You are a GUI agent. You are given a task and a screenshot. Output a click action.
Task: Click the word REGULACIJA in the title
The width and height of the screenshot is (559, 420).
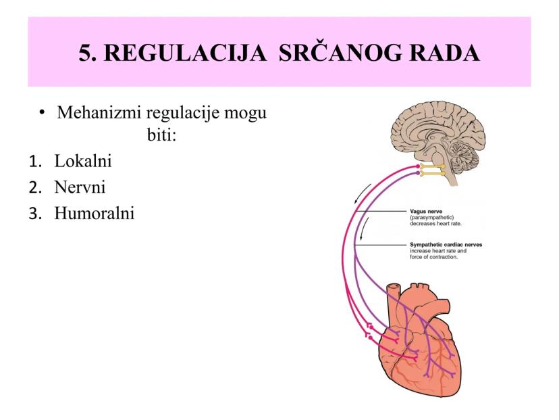[x=185, y=53]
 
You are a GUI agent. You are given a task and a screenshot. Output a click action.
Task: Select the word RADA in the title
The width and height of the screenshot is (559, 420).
[x=444, y=53]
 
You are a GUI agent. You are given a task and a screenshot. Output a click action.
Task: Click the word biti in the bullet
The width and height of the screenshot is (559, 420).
[x=162, y=135]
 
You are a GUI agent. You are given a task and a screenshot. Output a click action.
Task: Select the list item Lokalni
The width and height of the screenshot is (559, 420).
[x=83, y=161]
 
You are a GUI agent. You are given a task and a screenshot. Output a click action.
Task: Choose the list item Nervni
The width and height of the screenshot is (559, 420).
[x=80, y=187]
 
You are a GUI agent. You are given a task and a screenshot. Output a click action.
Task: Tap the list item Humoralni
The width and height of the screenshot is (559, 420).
[x=95, y=213]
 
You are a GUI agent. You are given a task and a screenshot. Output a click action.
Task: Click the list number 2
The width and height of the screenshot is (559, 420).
[x=35, y=187]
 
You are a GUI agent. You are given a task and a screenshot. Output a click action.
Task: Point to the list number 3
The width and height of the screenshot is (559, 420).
[x=35, y=214]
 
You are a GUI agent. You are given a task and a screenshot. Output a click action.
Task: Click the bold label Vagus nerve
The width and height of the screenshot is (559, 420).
[x=426, y=212]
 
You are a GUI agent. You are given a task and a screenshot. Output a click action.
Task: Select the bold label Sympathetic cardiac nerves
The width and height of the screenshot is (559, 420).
[x=446, y=245]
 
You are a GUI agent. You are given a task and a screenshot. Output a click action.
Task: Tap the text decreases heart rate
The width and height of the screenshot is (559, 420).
[x=435, y=224]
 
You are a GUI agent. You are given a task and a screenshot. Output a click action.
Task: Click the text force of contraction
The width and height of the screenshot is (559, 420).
[x=433, y=257]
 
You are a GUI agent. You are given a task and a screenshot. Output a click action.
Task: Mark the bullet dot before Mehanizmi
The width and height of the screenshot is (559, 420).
[x=43, y=113]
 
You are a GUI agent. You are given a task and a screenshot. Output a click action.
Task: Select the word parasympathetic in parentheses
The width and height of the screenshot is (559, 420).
[x=431, y=218]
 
